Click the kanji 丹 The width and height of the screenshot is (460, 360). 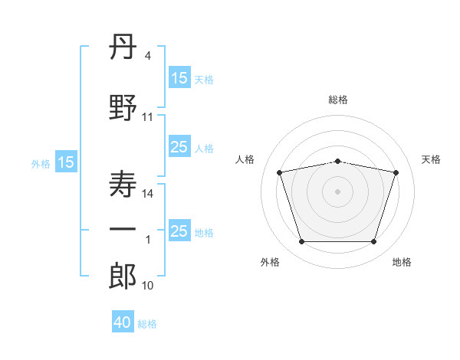(123, 47)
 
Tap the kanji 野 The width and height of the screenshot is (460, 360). (123, 106)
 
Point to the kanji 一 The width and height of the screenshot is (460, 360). (123, 229)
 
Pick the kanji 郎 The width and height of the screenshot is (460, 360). (123, 276)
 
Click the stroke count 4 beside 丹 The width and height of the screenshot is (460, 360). (148, 56)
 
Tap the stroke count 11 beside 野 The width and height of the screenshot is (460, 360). (148, 117)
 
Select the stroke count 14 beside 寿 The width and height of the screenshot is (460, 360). (148, 194)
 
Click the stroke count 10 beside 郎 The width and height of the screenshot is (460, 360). (148, 286)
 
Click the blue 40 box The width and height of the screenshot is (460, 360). (123, 322)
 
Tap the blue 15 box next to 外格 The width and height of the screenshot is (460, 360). (66, 162)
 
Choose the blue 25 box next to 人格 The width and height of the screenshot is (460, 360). (179, 148)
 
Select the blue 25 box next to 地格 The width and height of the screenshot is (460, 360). (179, 231)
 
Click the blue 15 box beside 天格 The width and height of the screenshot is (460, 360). (179, 78)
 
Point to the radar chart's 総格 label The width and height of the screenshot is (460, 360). (338, 100)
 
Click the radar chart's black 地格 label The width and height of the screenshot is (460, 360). (402, 262)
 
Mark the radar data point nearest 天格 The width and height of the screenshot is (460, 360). (396, 172)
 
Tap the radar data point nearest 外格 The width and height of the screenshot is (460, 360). (301, 242)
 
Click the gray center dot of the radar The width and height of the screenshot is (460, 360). (338, 191)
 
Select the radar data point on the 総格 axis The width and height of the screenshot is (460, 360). (338, 161)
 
